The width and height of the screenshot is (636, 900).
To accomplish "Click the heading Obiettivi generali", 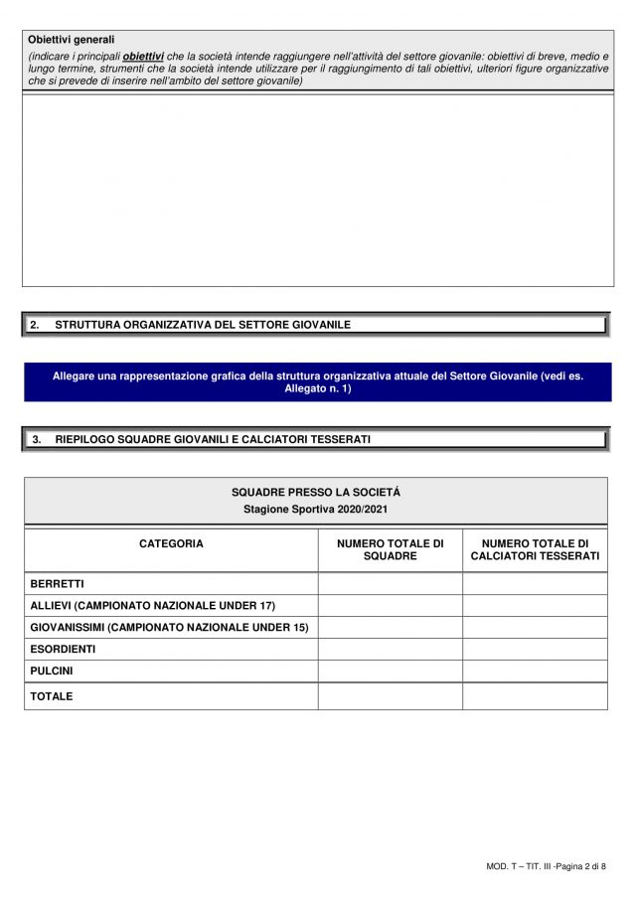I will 72,40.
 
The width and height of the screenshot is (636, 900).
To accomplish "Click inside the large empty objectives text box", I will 317,189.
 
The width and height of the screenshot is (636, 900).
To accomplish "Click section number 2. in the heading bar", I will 35,325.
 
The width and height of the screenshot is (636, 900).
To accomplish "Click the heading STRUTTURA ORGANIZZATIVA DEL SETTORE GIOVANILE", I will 203,325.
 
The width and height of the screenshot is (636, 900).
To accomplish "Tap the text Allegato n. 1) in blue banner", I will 317,388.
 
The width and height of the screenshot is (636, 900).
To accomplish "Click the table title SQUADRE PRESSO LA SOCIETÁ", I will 316,492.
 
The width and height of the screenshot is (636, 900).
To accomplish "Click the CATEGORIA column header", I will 171,543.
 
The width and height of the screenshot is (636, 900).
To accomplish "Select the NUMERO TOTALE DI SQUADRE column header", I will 390,549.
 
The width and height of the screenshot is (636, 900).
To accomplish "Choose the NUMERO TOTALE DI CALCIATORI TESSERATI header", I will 535,549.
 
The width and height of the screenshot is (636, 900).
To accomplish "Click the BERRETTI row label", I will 57,583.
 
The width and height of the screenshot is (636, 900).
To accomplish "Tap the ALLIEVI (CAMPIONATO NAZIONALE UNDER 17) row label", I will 152,605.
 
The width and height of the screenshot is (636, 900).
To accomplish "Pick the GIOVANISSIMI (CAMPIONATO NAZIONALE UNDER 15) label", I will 169,627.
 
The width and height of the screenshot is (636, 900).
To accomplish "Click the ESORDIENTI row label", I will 64,649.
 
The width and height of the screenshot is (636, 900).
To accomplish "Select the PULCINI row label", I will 52,671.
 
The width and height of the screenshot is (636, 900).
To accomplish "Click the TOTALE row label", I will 52,696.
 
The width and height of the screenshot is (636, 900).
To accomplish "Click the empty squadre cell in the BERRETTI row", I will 390,583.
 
